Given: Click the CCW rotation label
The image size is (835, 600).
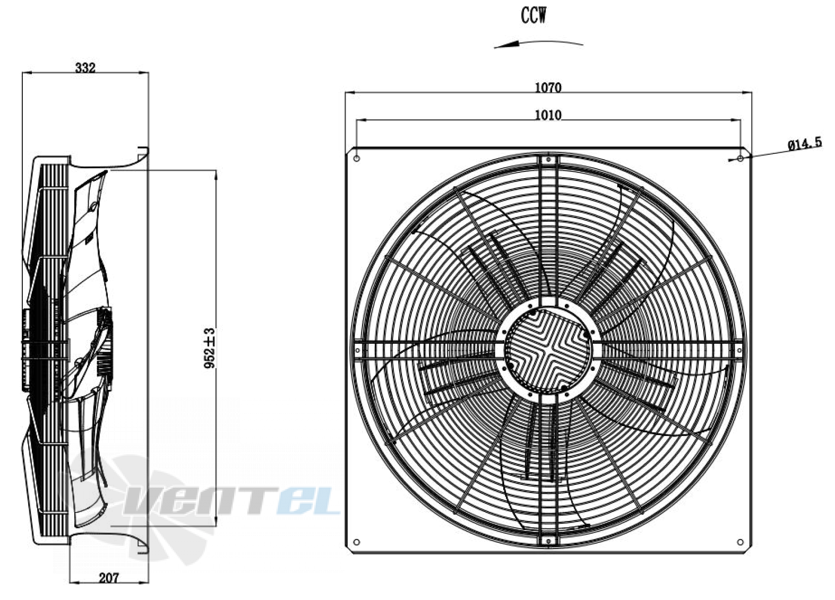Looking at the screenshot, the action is [x=533, y=15].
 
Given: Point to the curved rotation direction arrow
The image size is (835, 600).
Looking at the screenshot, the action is [x=538, y=42].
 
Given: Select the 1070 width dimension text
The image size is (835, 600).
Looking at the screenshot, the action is [x=548, y=88].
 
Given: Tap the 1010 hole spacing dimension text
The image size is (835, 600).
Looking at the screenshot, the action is [x=548, y=115].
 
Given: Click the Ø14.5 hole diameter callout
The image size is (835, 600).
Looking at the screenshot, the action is [x=805, y=144].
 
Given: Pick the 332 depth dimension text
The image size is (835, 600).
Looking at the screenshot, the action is [x=85, y=67].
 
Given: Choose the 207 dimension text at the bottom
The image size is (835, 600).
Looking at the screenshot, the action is [x=109, y=578].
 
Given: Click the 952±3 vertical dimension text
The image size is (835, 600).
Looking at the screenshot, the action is [x=210, y=348].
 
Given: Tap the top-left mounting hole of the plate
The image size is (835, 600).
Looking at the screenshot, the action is [x=356, y=159].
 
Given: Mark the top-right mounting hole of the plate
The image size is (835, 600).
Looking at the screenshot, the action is [x=741, y=159].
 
